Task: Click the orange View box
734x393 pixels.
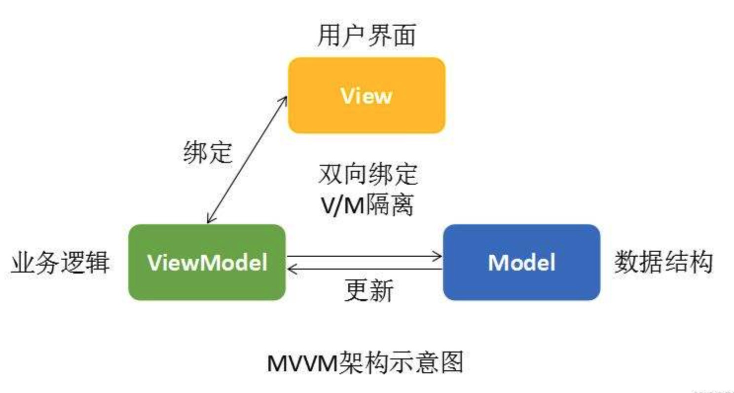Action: pos(367,95)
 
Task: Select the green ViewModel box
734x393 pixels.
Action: pos(207,262)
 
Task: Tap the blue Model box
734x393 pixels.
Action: pos(522,262)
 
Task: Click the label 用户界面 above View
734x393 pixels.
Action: pos(367,36)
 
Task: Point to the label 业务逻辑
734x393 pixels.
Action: pos(60,263)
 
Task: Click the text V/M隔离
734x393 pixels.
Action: pos(367,205)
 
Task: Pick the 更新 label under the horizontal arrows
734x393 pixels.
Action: pos(369,290)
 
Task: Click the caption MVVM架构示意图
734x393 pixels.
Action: pos(366,362)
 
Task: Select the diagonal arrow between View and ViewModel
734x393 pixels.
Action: pos(247,160)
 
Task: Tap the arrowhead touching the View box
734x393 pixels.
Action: pos(283,101)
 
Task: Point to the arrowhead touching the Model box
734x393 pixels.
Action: pos(438,256)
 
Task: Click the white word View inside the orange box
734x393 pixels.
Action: pos(367,96)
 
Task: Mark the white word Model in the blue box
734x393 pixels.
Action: pos(522,263)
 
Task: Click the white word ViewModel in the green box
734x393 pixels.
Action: pos(207,263)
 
